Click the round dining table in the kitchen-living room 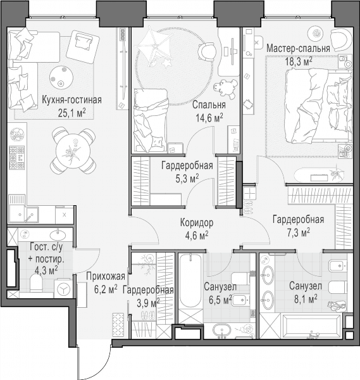point(73,151)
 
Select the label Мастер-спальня point(298,49)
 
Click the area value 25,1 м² point(71,113)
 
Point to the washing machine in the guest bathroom point(63,289)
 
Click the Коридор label point(197,223)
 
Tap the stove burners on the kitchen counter point(16,158)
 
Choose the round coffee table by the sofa point(61,77)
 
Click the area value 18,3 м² point(298,61)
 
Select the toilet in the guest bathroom point(36,284)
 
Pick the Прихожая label point(106,276)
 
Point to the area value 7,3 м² point(298,233)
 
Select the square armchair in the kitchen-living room point(83,46)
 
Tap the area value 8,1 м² point(306,300)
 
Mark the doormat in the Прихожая point(118,325)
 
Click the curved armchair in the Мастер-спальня point(340,38)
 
